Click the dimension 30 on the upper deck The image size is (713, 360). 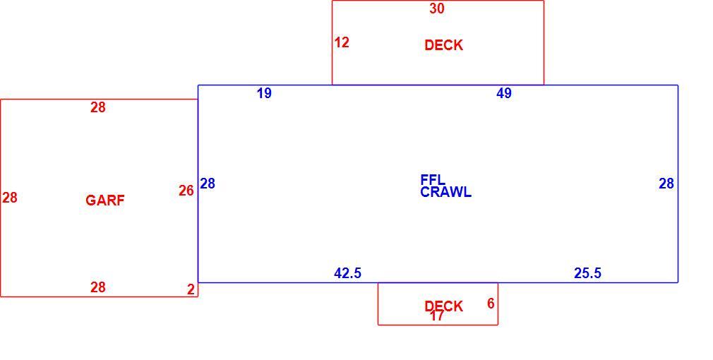coord(436,8)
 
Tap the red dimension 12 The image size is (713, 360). coord(342,42)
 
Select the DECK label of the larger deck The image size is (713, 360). coord(443,45)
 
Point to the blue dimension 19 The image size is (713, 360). coord(264,93)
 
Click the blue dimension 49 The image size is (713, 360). coord(504,93)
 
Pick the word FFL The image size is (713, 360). coord(433,179)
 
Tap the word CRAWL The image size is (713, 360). coord(445,192)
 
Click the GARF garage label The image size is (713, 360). coord(105,200)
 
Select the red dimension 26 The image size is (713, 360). coord(186,191)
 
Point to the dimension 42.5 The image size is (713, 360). coord(347,273)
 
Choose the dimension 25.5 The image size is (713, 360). coord(587,273)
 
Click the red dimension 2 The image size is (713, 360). coord(191,289)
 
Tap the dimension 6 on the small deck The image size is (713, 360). coord(491,304)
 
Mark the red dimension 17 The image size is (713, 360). coord(436,316)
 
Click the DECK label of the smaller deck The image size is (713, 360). coord(443,306)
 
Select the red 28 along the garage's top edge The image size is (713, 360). coord(97,107)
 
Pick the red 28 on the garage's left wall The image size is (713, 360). coord(10,198)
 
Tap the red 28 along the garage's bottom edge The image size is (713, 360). coord(97,287)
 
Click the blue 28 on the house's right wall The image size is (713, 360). coord(666,184)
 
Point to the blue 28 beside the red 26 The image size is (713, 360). coord(208,184)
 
